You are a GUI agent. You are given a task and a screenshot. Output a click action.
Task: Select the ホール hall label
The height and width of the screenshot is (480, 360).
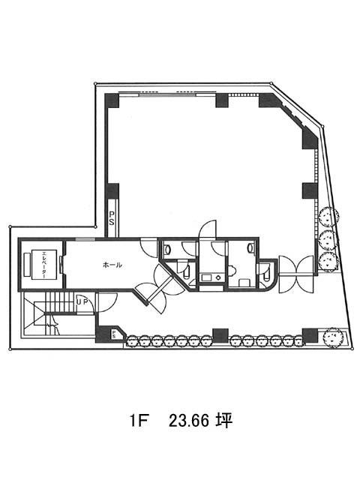coord(112,265)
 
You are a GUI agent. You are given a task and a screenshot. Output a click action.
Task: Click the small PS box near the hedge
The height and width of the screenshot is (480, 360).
coord(115,333)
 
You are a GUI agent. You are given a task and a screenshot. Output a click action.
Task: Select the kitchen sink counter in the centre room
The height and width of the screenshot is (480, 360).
coord(213,278)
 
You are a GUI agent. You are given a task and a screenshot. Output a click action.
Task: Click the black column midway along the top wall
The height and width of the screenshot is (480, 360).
coord(220,100)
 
